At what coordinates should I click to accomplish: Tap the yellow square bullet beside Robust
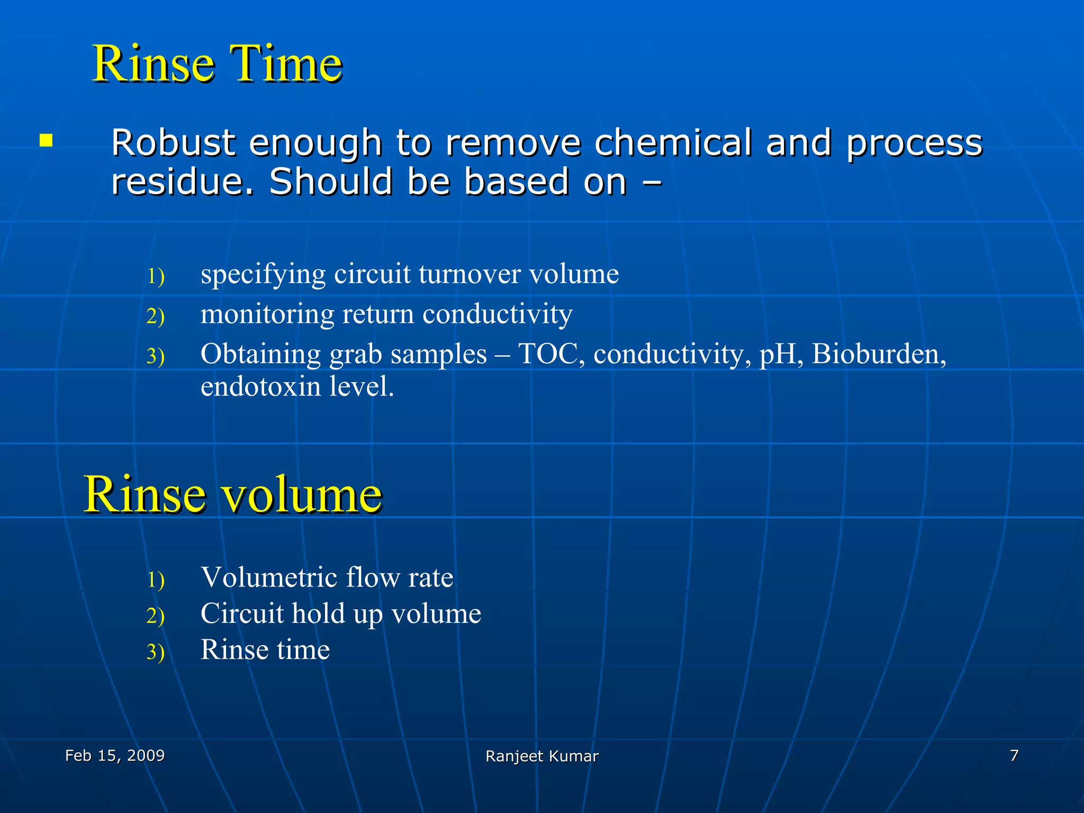coord(46,141)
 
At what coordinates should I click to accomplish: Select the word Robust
coord(173,143)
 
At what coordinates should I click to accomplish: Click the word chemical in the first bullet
coord(672,143)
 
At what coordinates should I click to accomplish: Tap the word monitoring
coord(267,314)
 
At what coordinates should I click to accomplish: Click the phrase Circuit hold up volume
coord(340,614)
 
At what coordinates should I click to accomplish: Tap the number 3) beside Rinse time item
coord(156,652)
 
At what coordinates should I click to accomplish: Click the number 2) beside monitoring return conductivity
coord(156,316)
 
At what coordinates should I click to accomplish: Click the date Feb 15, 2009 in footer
coord(114,755)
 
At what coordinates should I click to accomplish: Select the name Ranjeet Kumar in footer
coord(541,756)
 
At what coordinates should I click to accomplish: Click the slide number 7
coord(1014,755)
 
